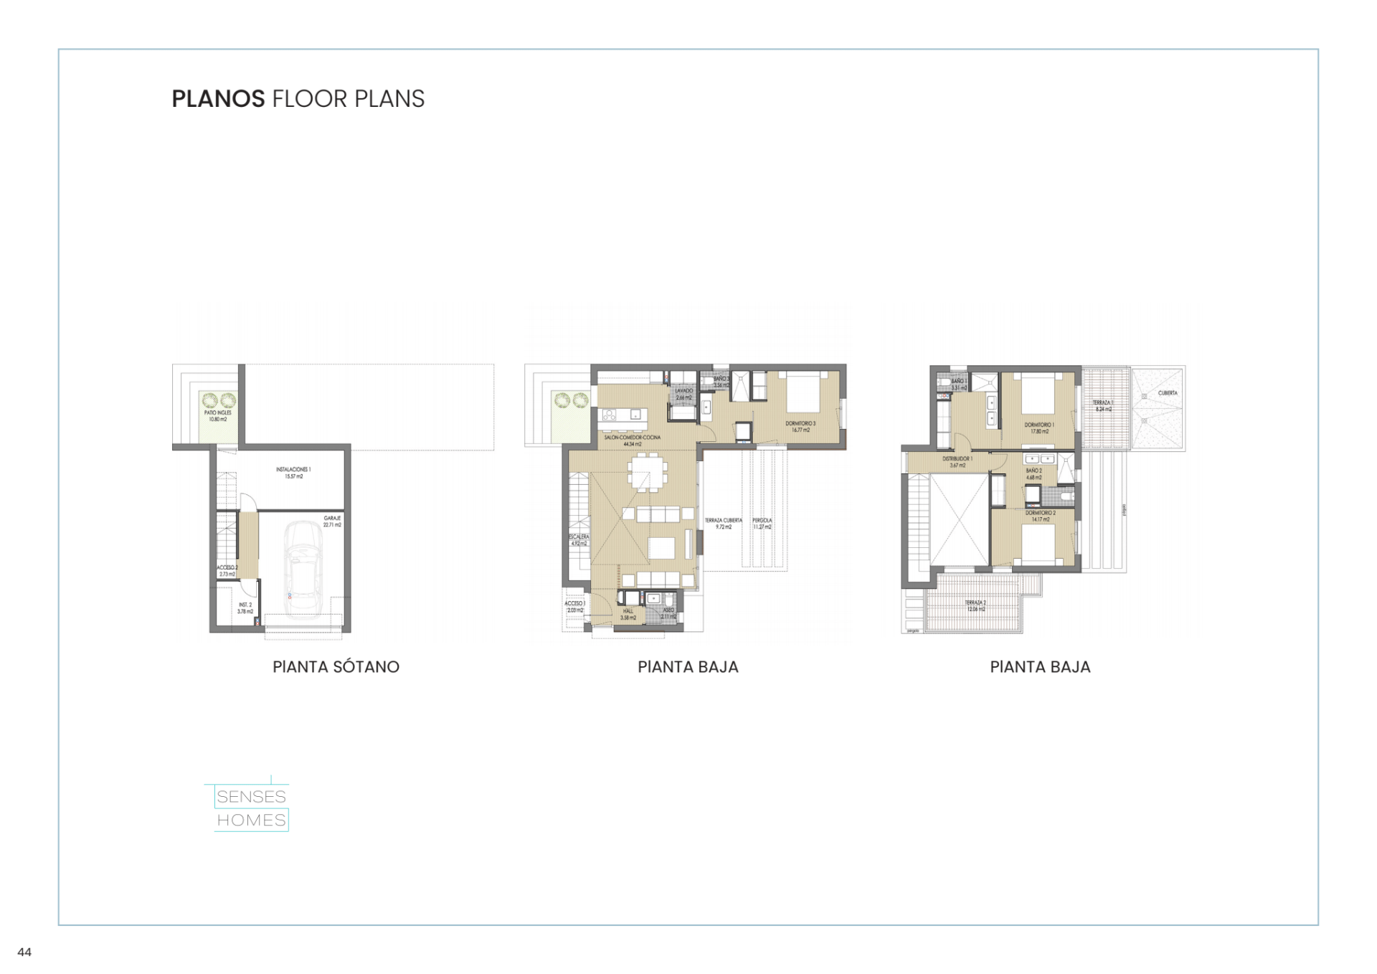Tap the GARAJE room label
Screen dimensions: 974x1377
(x=332, y=521)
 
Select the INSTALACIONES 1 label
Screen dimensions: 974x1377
(x=293, y=473)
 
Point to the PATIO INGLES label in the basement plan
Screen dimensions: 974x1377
(x=217, y=416)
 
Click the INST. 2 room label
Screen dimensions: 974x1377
(x=245, y=608)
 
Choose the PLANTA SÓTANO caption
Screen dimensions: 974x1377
(x=336, y=667)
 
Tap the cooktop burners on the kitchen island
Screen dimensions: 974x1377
(x=610, y=415)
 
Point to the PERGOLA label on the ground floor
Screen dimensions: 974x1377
(x=762, y=524)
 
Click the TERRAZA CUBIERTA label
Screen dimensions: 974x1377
(x=723, y=524)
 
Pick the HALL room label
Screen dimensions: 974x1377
(x=628, y=614)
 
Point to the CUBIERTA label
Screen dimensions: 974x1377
(x=1168, y=393)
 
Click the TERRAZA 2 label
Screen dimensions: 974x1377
(x=975, y=606)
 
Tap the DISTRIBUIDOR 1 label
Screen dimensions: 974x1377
(x=957, y=462)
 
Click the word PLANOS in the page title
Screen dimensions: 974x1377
(x=218, y=99)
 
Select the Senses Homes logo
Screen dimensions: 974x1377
(x=251, y=808)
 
